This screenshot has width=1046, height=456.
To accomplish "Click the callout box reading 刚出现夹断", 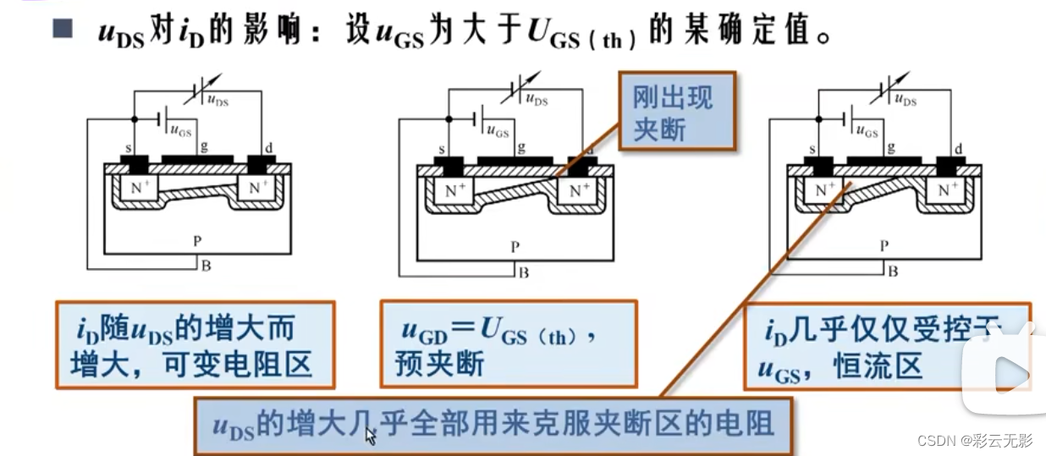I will [676, 112].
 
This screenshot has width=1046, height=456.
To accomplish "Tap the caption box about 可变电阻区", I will [195, 345].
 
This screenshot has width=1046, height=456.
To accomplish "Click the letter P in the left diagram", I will [196, 241].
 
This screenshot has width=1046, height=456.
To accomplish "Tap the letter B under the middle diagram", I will [524, 272].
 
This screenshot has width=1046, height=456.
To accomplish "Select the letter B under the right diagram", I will [893, 272].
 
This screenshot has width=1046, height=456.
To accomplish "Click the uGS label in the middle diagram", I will [498, 132].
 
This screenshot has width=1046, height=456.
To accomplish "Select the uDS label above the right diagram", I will [905, 101].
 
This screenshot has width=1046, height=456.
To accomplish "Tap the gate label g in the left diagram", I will [203, 146].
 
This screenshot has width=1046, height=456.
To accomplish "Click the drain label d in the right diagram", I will [959, 150].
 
